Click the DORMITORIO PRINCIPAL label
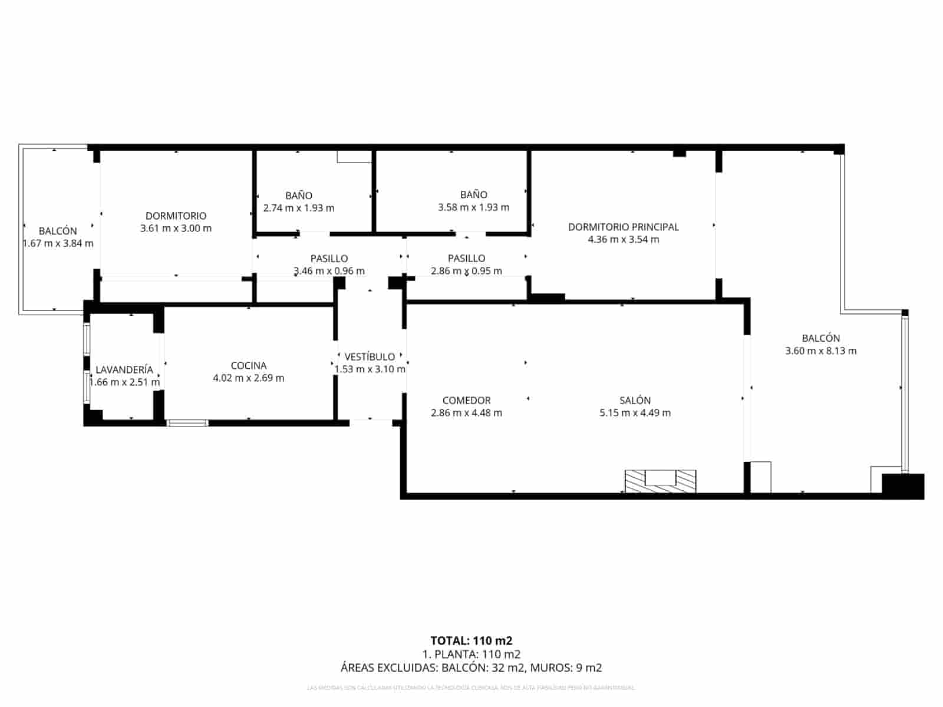623,227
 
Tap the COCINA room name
248,366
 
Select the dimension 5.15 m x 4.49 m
635,413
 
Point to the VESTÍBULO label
370,357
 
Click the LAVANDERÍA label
124,370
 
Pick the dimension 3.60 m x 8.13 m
820,351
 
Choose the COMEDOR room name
466,401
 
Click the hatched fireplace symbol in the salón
660,481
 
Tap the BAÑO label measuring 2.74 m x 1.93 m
299,196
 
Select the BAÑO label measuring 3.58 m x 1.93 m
474,194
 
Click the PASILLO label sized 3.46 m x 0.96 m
329,259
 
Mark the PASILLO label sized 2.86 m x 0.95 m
466,259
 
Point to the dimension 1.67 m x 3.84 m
58,243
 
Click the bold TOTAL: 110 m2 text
471,640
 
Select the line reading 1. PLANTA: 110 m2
471,654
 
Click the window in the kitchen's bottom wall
188,422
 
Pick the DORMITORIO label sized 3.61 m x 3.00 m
176,216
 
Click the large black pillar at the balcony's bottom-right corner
902,486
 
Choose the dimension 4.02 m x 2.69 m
248,378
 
